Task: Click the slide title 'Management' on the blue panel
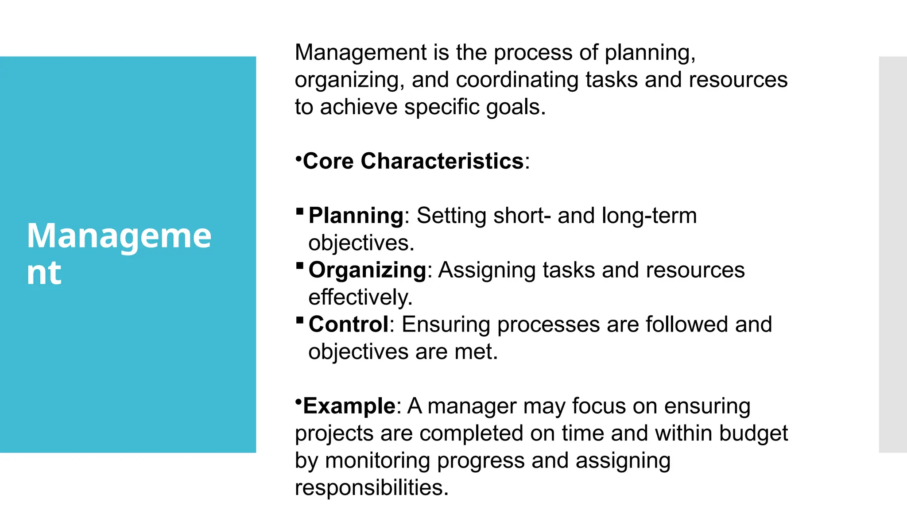click(x=119, y=253)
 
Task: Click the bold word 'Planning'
click(x=356, y=216)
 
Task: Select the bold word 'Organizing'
click(x=367, y=270)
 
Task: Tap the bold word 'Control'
click(x=349, y=325)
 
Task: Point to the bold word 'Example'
click(x=349, y=406)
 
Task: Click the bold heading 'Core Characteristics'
click(x=413, y=161)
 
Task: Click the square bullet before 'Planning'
click(x=300, y=211)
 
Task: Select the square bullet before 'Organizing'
click(x=300, y=266)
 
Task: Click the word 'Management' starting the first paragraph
click(x=360, y=53)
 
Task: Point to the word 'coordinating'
click(x=517, y=80)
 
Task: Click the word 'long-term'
click(x=649, y=216)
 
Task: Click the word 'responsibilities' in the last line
click(x=371, y=488)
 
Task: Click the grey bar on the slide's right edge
click(x=892, y=254)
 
